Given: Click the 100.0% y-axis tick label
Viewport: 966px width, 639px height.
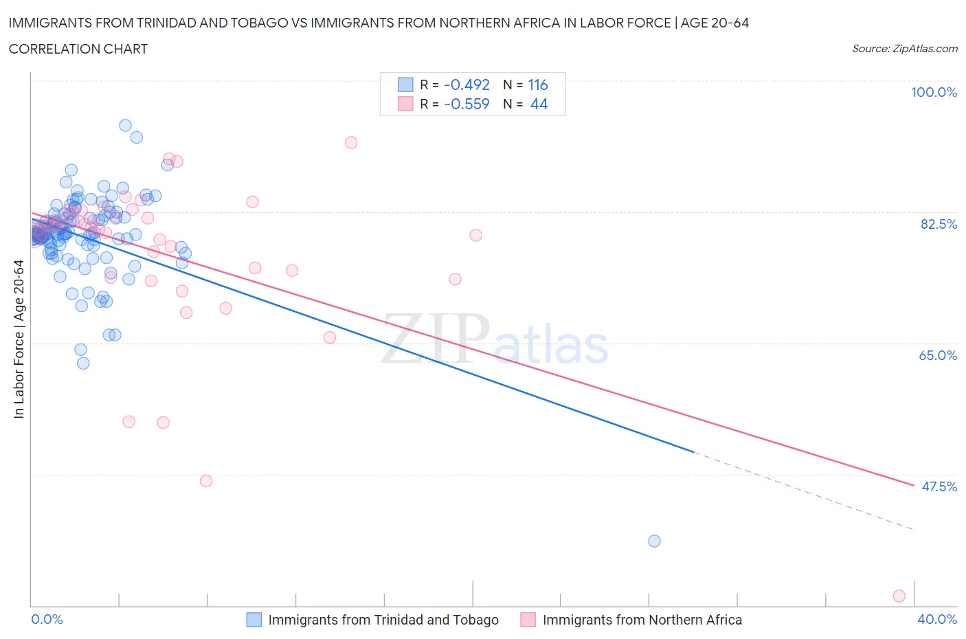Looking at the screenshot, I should coord(934,92).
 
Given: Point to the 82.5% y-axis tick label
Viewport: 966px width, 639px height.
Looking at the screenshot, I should coord(938,224).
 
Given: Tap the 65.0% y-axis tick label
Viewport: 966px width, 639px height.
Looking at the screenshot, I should coord(938,355).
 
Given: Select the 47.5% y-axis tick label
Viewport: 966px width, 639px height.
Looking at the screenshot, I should coord(939,486).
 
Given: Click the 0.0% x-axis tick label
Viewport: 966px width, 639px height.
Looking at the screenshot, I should coord(47,619).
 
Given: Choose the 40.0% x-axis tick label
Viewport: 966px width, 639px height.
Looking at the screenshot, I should coord(937,619).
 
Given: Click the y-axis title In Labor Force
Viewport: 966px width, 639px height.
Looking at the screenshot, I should coord(19,339).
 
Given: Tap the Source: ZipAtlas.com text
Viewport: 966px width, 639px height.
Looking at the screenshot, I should coord(904,48).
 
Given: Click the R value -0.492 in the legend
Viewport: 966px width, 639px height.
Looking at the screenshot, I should coord(467,85).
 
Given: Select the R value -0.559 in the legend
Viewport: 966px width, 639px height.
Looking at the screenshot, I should coord(467,104).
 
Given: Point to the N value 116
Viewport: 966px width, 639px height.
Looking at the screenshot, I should coord(537,85).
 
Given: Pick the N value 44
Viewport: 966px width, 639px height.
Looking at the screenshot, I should coord(539,104).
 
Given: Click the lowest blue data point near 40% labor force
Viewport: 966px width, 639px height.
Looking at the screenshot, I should coord(654,541).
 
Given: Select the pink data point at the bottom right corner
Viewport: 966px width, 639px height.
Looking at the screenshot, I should coord(899,596).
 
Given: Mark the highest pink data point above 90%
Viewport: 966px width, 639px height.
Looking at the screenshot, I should coord(351,142).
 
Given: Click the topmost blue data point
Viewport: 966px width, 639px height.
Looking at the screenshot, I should coord(125,125).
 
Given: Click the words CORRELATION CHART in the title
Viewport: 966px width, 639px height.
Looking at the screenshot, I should coord(78,49).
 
